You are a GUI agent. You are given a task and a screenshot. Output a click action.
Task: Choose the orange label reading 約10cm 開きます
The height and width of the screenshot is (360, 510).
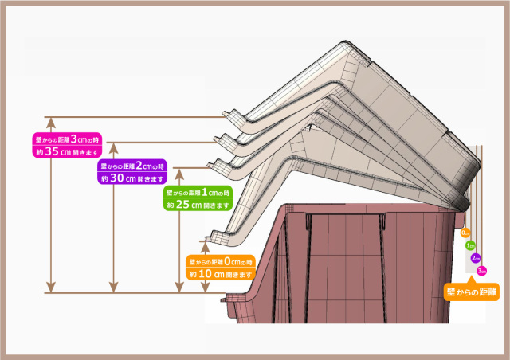222,274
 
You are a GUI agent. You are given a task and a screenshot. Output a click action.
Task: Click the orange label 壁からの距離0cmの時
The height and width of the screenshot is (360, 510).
222,261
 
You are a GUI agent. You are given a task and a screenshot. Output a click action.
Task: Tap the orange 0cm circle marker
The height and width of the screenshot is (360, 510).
465,233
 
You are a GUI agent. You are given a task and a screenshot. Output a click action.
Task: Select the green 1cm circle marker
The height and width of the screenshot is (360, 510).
470,245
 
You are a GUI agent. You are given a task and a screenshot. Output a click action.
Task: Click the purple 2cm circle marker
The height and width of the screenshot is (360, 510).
476,258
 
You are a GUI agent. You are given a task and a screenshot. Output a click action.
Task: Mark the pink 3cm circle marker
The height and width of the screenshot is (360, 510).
481,271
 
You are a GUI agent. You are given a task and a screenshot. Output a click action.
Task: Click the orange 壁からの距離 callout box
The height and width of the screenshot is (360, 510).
471,292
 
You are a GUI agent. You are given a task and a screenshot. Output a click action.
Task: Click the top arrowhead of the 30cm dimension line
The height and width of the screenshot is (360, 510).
114,147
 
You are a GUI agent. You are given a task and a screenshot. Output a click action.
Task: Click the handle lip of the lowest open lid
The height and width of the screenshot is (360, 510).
214,237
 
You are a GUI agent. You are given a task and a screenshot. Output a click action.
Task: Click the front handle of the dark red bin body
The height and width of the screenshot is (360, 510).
237,300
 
